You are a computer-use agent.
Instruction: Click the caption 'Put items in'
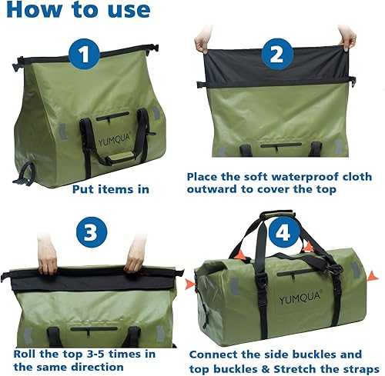click(111, 188)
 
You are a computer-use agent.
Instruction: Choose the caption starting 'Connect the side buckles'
click(286, 361)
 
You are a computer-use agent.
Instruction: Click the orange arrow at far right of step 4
click(373, 274)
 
